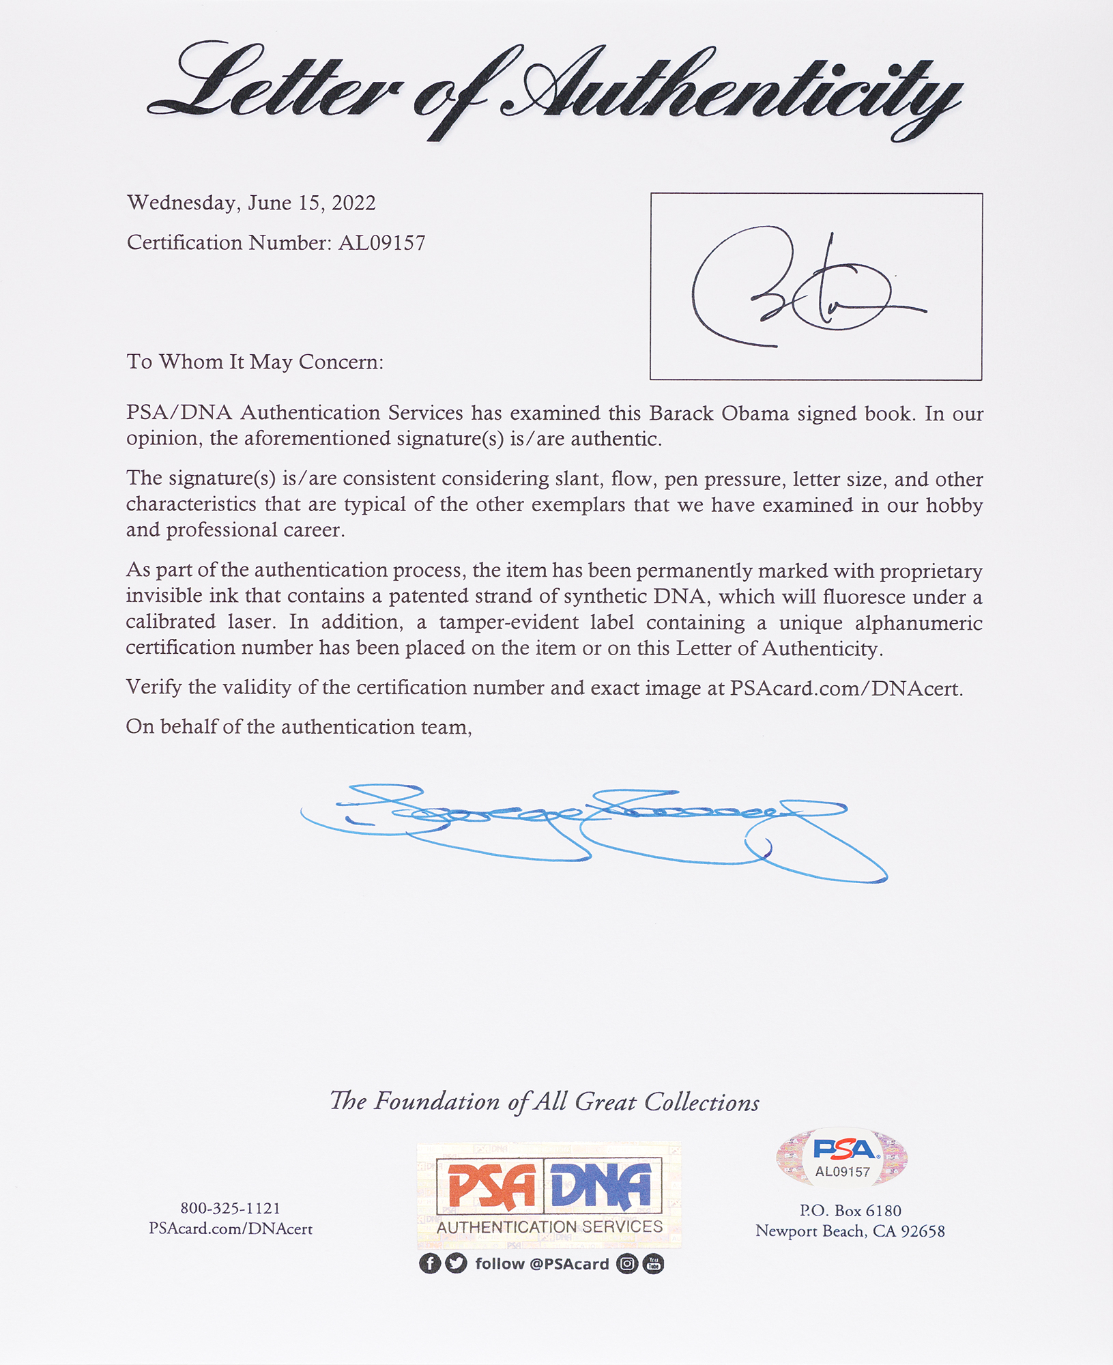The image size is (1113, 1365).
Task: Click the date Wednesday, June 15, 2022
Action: tap(251, 203)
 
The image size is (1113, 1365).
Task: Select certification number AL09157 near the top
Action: tap(381, 243)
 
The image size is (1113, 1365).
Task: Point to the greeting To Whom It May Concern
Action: tap(255, 362)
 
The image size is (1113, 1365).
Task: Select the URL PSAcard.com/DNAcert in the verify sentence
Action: tap(845, 688)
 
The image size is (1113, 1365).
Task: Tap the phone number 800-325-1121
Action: tap(230, 1208)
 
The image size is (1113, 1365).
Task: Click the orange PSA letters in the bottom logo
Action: tap(491, 1187)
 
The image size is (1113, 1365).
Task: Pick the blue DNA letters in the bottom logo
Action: tap(601, 1187)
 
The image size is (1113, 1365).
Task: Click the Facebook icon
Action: tap(429, 1264)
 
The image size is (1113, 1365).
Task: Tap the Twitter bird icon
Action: tap(456, 1264)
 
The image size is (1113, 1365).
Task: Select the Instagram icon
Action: tap(626, 1264)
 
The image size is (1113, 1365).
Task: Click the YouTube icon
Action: tap(653, 1264)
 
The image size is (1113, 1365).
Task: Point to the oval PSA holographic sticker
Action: tap(842, 1158)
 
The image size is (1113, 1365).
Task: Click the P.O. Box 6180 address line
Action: tap(850, 1211)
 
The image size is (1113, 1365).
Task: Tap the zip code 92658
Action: tap(923, 1231)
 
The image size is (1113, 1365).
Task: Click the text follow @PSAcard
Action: tap(542, 1264)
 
